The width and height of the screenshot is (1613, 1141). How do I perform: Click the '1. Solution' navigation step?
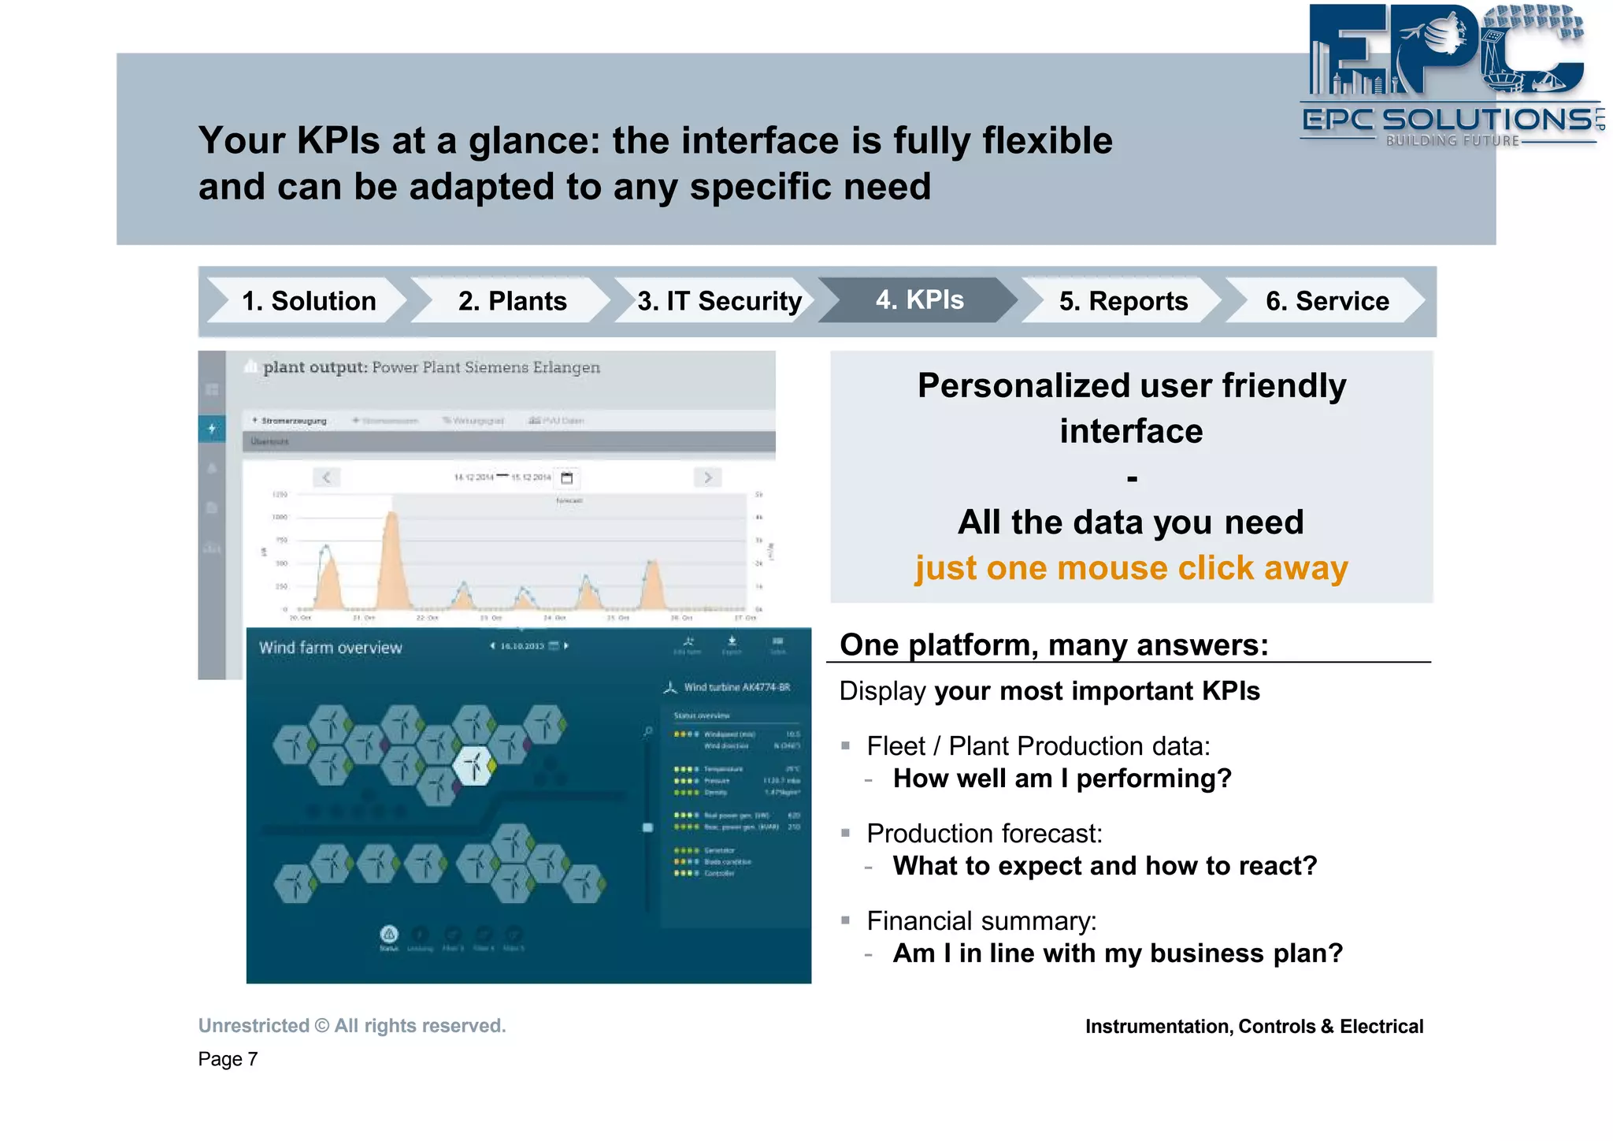309,301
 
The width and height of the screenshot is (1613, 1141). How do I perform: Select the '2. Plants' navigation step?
512,301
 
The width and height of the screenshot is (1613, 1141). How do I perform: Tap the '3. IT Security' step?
718,301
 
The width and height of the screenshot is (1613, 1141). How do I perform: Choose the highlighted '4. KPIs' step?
919,300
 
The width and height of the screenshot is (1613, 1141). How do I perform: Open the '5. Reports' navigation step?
1122,301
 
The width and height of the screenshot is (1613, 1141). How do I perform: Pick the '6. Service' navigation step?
1326,301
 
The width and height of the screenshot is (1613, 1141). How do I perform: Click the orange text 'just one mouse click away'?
1131,568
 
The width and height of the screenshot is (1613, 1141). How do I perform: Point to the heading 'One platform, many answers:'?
1054,645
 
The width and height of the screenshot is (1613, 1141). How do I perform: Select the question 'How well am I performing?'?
1062,779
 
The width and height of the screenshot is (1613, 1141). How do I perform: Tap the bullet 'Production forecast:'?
984,834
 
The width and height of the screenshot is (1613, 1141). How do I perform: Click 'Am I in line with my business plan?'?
1117,953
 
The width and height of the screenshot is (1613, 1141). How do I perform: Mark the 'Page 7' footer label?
228,1059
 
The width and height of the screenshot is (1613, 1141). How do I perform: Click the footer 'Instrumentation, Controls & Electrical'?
1254,1027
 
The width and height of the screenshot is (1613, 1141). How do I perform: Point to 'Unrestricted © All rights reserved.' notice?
352,1026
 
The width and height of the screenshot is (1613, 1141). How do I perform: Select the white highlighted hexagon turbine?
474,765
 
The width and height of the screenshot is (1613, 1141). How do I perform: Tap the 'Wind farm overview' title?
330,648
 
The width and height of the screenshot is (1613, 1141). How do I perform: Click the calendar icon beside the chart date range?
566,478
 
